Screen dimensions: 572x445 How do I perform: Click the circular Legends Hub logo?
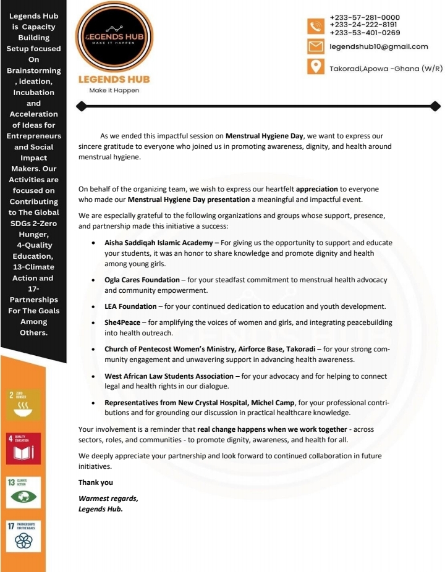pyautogui.click(x=114, y=36)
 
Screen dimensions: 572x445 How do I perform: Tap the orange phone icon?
pyautogui.click(x=316, y=25)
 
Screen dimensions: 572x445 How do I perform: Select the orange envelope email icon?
pyautogui.click(x=316, y=47)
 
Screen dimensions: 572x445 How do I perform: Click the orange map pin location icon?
pyautogui.click(x=316, y=67)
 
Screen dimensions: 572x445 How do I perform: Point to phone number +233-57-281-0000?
pyautogui.click(x=365, y=17)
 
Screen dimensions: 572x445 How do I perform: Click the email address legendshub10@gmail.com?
pyautogui.click(x=378, y=47)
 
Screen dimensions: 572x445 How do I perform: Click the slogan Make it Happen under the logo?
pyautogui.click(x=114, y=90)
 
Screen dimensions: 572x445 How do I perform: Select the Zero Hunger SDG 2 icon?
pyautogui.click(x=23, y=404)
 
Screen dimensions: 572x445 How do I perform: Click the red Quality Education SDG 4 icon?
pyautogui.click(x=23, y=448)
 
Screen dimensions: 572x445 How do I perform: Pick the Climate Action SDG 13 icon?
pyautogui.click(x=23, y=492)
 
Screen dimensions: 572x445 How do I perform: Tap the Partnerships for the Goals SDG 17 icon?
pyautogui.click(x=23, y=536)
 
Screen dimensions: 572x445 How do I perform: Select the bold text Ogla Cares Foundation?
pyautogui.click(x=142, y=280)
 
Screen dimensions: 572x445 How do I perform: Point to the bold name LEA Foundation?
pyautogui.click(x=130, y=306)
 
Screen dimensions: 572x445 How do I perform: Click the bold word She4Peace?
pyautogui.click(x=122, y=322)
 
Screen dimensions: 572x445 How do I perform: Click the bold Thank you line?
pyautogui.click(x=96, y=482)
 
